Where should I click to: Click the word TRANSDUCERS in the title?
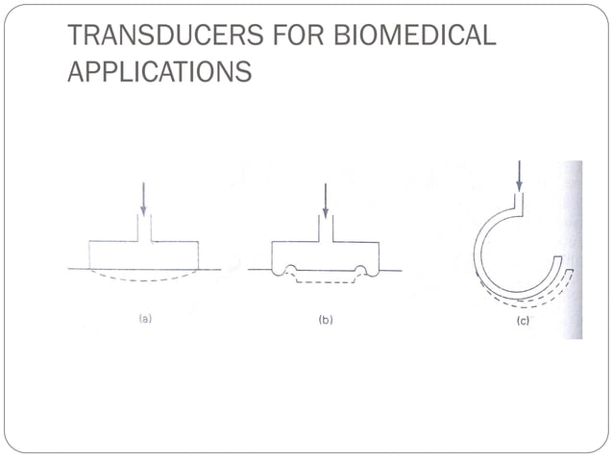(x=166, y=35)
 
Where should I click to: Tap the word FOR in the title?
(x=299, y=35)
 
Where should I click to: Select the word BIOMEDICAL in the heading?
(x=415, y=35)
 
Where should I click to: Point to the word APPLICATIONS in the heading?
(x=159, y=71)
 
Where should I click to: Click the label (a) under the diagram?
(x=145, y=319)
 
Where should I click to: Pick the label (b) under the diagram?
(x=326, y=320)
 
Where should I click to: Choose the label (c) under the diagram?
(x=523, y=321)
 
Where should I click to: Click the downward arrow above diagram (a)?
(x=143, y=199)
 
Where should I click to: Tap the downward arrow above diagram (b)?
(x=326, y=200)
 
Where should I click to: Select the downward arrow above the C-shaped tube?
(x=519, y=176)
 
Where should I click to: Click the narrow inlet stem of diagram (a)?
(x=144, y=228)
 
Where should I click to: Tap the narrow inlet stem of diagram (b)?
(x=326, y=229)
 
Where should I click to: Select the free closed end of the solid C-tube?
(x=558, y=257)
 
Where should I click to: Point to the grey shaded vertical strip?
(x=573, y=250)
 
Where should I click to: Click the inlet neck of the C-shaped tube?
(x=519, y=203)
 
